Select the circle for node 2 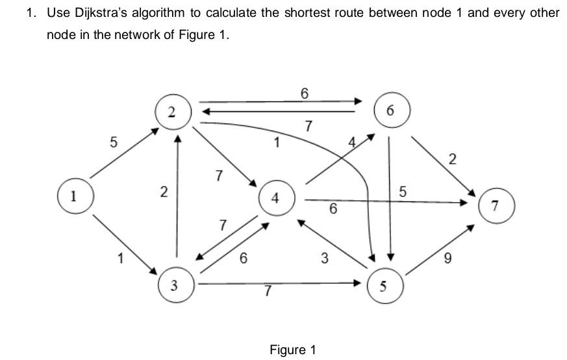[x=171, y=111]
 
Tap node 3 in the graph [x=175, y=286]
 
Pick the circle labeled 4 [x=276, y=199]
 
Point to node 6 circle [x=389, y=111]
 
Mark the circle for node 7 [x=496, y=207]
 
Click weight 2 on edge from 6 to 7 [x=453, y=158]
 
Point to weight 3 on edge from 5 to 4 [x=324, y=259]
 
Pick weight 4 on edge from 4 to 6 [x=352, y=141]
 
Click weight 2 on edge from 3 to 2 [x=164, y=192]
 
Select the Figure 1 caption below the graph [x=292, y=350]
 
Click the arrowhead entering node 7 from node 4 [x=463, y=203]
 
